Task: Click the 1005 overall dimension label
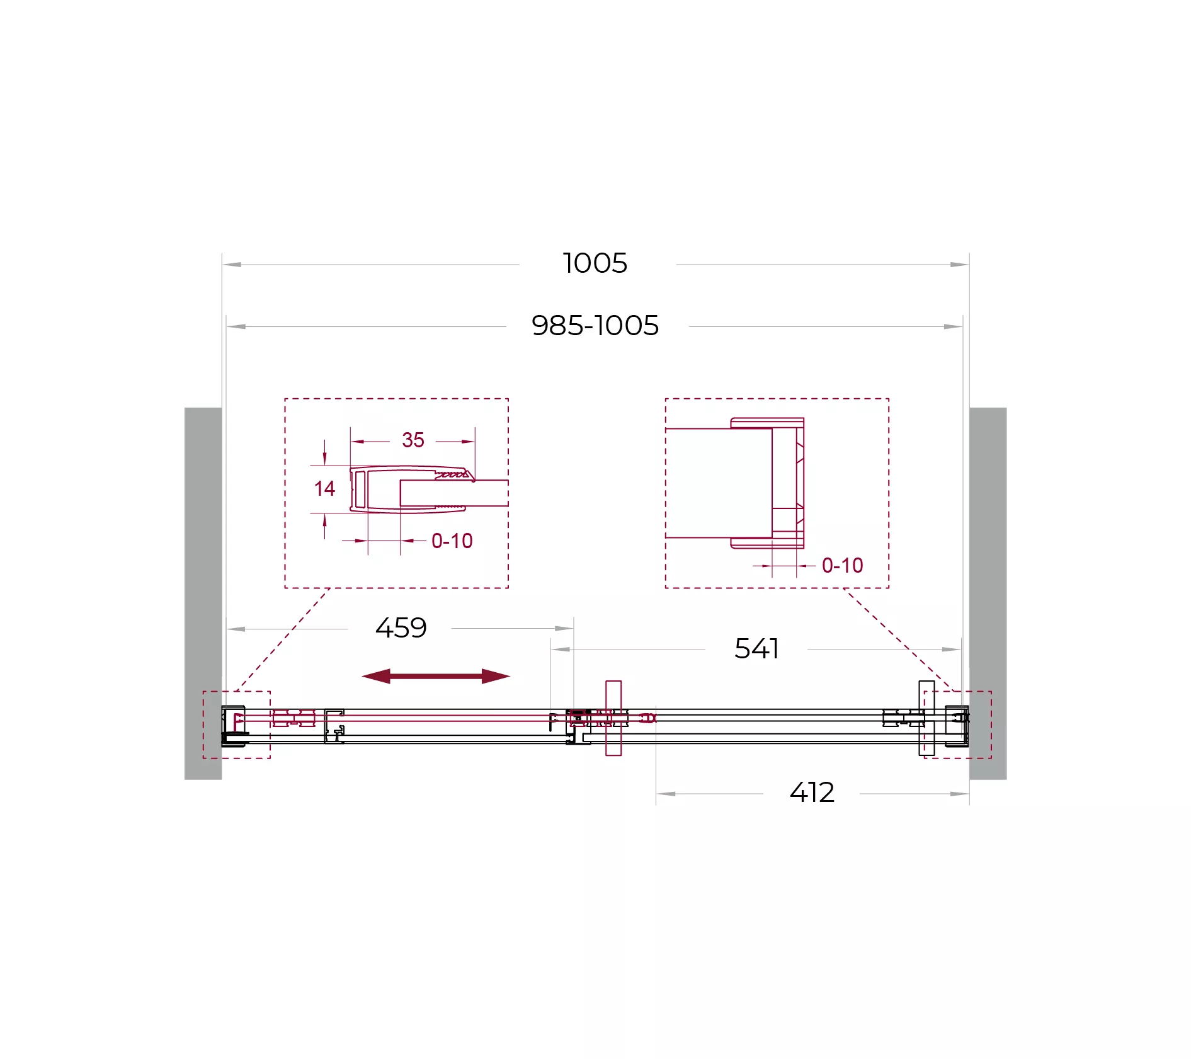click(595, 263)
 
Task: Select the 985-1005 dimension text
click(595, 326)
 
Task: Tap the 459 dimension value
click(401, 628)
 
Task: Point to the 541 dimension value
click(756, 649)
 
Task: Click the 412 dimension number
click(812, 793)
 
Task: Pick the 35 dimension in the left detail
click(413, 440)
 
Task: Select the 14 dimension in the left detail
click(324, 488)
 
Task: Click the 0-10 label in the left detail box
click(452, 541)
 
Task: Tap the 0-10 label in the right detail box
click(842, 565)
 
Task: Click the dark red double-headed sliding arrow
click(436, 676)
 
